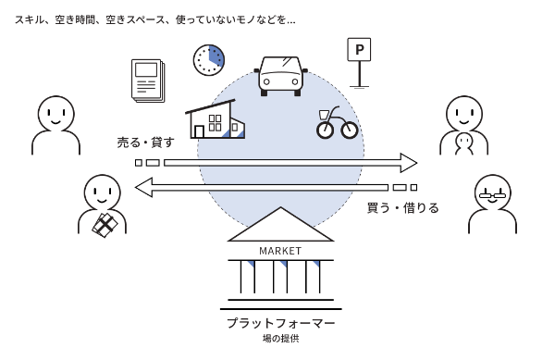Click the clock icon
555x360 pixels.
(x=209, y=59)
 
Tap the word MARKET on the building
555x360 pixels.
(x=280, y=251)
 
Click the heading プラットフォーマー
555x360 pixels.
(x=280, y=323)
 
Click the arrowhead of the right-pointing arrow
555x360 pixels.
(x=408, y=163)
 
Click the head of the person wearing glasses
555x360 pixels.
(x=492, y=191)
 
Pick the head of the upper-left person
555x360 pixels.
(x=53, y=113)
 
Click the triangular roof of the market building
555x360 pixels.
(x=280, y=227)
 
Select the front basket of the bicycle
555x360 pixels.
(x=324, y=115)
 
